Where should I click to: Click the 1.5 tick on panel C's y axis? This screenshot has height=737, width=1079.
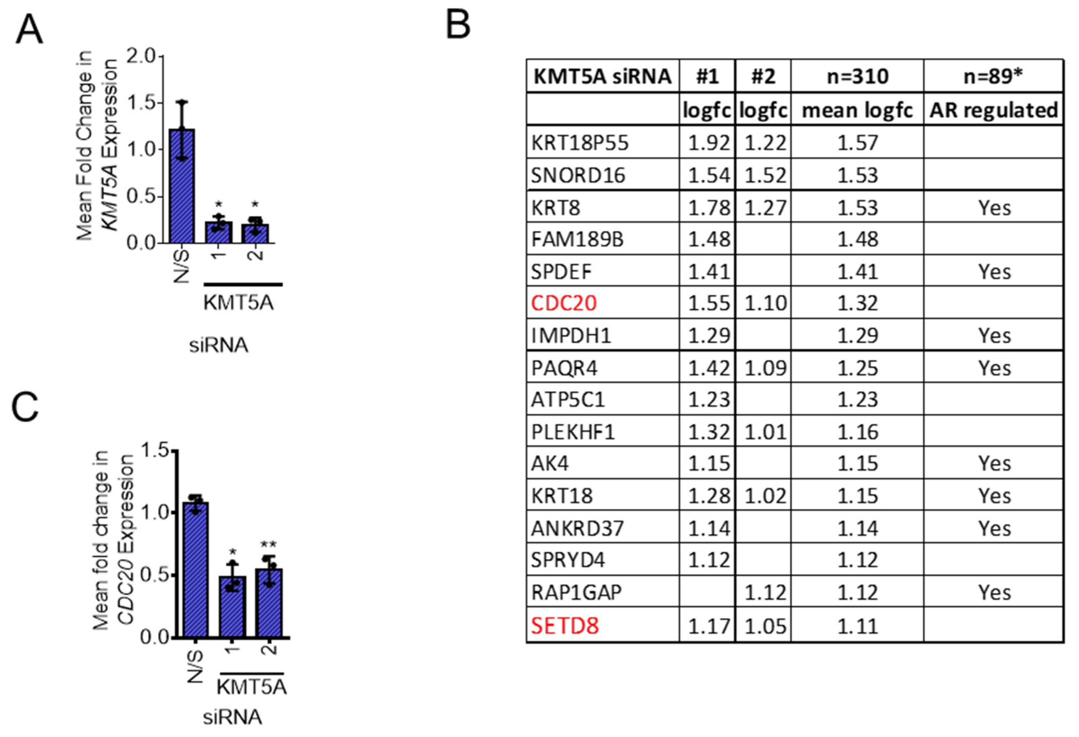click(x=155, y=450)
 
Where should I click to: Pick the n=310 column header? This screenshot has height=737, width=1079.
click(x=857, y=76)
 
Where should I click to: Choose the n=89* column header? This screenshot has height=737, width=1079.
click(x=993, y=76)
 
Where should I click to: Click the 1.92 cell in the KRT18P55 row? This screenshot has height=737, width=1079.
click(x=708, y=143)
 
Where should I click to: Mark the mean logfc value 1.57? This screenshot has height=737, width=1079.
click(x=857, y=143)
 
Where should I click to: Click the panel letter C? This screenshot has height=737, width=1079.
click(x=25, y=408)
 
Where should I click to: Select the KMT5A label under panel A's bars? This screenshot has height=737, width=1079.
click(x=238, y=303)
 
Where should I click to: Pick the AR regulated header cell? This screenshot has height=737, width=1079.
click(x=993, y=110)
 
